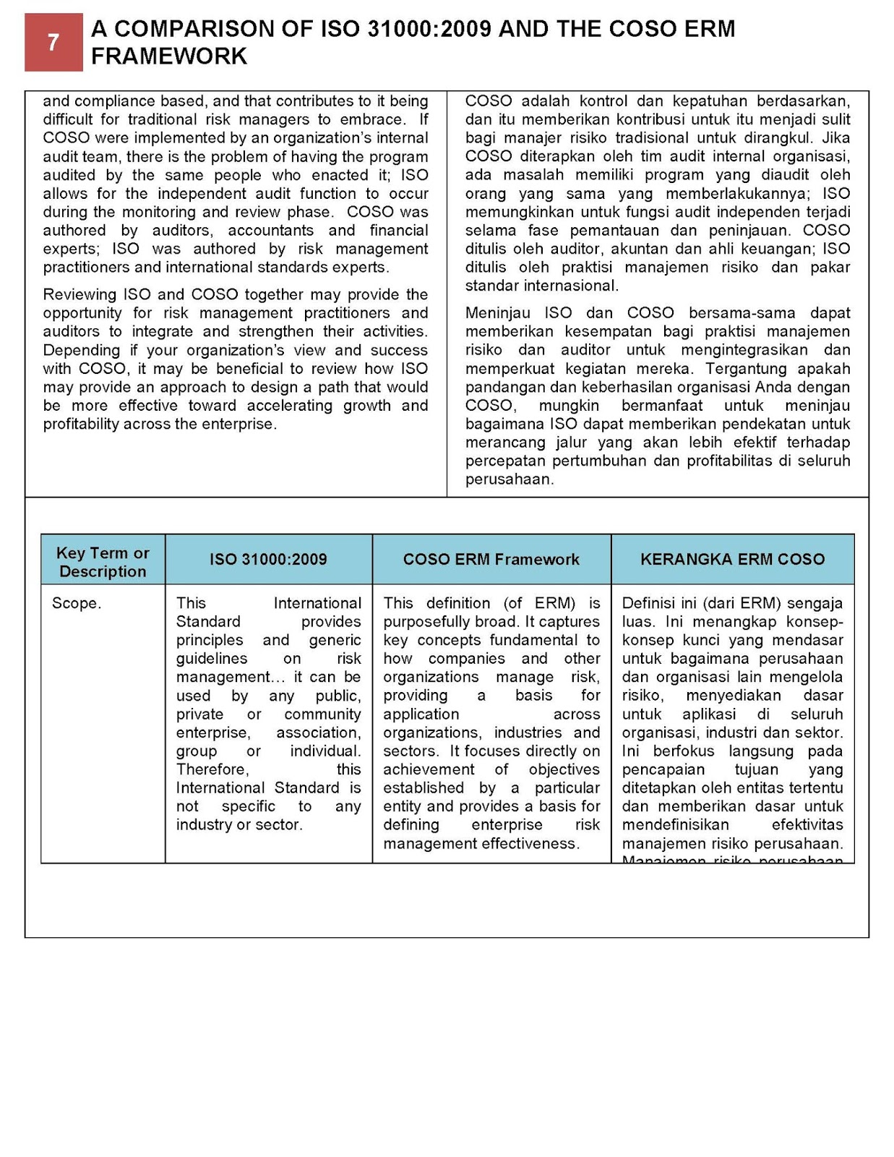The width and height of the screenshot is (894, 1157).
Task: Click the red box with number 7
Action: click(53, 43)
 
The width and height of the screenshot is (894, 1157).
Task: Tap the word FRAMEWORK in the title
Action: click(169, 56)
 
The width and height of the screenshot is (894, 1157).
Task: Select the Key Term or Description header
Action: click(103, 562)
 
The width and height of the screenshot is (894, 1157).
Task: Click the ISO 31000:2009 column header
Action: click(268, 559)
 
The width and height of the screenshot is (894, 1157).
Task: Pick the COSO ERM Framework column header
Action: click(491, 559)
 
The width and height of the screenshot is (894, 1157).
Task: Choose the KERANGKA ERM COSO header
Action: click(732, 559)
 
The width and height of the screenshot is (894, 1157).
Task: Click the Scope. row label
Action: click(76, 603)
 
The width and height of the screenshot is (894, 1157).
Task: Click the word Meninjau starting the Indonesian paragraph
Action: click(497, 313)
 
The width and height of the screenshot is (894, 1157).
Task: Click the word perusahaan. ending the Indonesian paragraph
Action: click(509, 479)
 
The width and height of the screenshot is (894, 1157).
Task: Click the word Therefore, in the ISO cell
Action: click(212, 769)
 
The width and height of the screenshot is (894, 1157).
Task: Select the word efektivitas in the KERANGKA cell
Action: click(807, 825)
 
